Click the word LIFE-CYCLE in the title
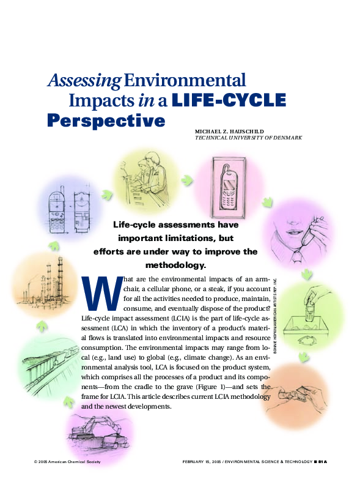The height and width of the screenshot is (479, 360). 229,100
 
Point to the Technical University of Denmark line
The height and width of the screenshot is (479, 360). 248,138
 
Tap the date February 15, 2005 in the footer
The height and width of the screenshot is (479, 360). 205,461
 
